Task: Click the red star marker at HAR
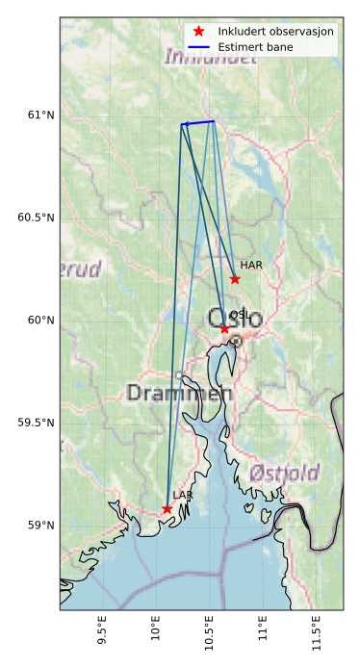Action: click(235, 279)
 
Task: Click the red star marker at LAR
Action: click(167, 509)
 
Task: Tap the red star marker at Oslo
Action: click(224, 329)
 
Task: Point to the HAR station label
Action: click(251, 265)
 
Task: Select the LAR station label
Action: click(183, 495)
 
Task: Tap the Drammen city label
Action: click(180, 393)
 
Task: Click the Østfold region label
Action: click(284, 473)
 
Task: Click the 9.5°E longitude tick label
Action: click(103, 631)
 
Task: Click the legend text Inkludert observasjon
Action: click(275, 32)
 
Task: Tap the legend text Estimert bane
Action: click(255, 46)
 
